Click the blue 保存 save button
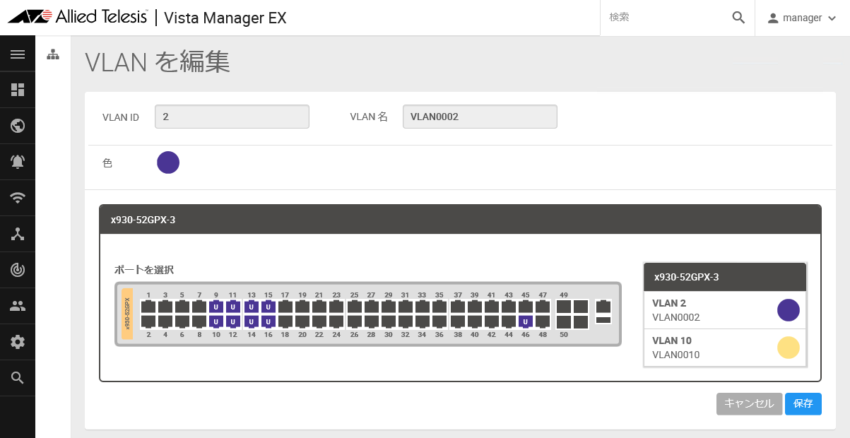pos(803,403)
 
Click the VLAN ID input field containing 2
pos(232,117)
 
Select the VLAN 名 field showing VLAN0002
pos(480,117)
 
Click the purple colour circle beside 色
pos(168,162)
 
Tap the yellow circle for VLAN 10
pos(788,348)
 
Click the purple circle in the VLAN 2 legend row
pos(788,310)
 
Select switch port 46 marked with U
pos(525,322)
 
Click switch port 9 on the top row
pos(216,307)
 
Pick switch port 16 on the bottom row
pos(268,322)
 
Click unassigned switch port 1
pos(148,307)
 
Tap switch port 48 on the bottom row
pos(543,322)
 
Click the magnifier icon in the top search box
pos(738,18)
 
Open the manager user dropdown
pos(801,18)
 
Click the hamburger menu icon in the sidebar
pos(18,54)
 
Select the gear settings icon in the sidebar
pos(18,342)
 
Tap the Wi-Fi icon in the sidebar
pos(18,198)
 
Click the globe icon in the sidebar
pos(18,126)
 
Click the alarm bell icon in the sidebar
pos(18,162)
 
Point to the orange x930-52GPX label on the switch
pos(127,314)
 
